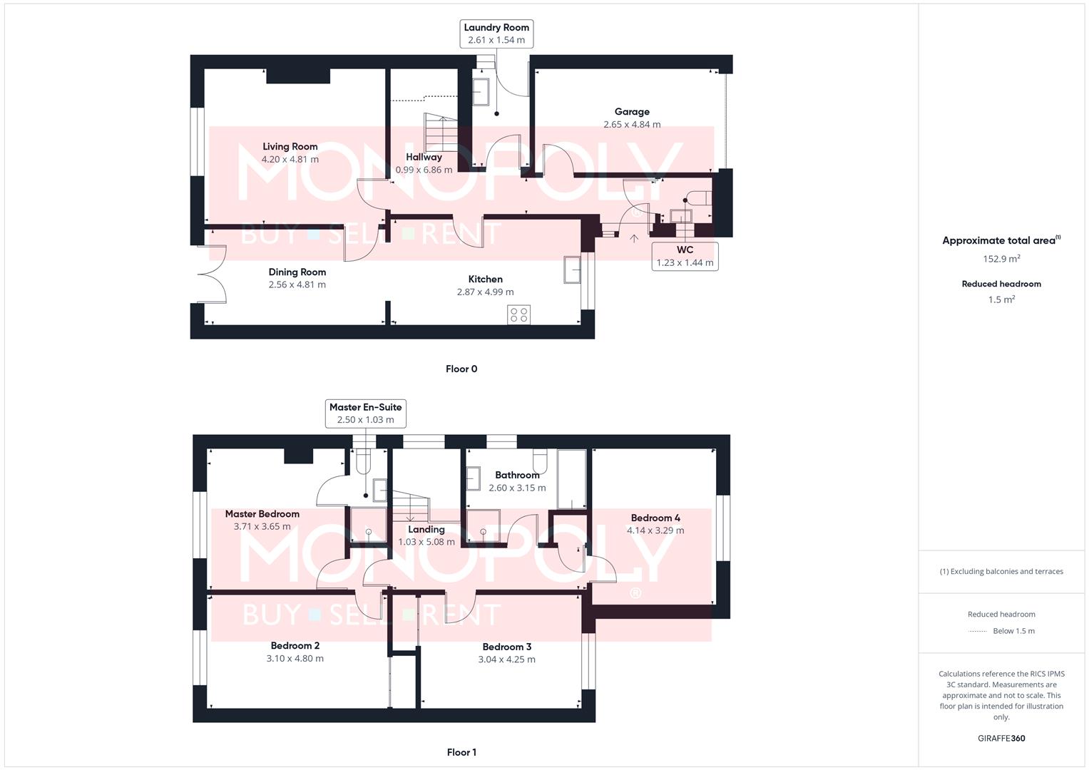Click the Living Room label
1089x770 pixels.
[x=290, y=146]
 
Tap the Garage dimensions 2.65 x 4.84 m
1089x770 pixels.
[x=632, y=124]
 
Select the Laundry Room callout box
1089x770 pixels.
[x=496, y=34]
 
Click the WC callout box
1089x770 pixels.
[x=685, y=256]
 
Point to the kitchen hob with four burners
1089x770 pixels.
[x=519, y=314]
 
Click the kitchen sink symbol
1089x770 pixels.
[x=572, y=269]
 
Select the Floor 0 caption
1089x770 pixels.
[x=461, y=369]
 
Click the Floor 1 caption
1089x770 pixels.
[x=461, y=752]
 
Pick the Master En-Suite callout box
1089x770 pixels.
[x=365, y=414]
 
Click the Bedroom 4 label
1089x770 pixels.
[x=655, y=518]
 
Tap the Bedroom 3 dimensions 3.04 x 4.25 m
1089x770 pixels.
[x=506, y=659]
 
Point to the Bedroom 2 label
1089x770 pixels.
[x=295, y=645]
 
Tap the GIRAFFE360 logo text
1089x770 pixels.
[x=1001, y=738]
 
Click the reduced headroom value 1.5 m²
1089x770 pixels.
[x=1001, y=299]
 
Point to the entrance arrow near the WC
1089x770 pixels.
[x=633, y=238]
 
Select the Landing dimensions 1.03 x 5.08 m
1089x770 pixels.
[x=426, y=542]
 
